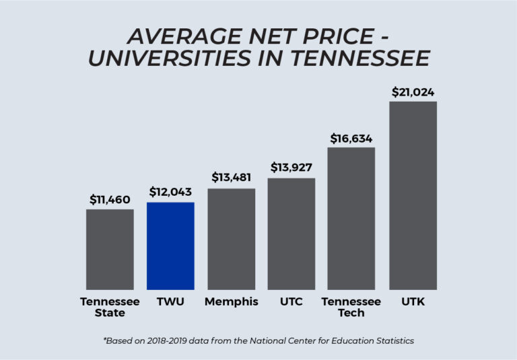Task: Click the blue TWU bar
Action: [170, 246]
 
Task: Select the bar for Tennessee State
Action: [110, 249]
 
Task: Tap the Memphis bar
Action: [231, 239]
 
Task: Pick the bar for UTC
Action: [291, 233]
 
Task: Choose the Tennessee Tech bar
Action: [351, 218]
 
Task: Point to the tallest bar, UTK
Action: [413, 195]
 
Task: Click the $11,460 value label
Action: [110, 199]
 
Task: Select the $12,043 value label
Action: [170, 192]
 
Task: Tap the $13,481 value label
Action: [231, 178]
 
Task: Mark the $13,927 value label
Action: [291, 168]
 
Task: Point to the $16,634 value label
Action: [351, 139]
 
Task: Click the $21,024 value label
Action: [413, 92]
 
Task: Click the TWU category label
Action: [170, 301]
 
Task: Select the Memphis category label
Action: [231, 301]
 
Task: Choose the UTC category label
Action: [291, 301]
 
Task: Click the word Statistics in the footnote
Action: [390, 341]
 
